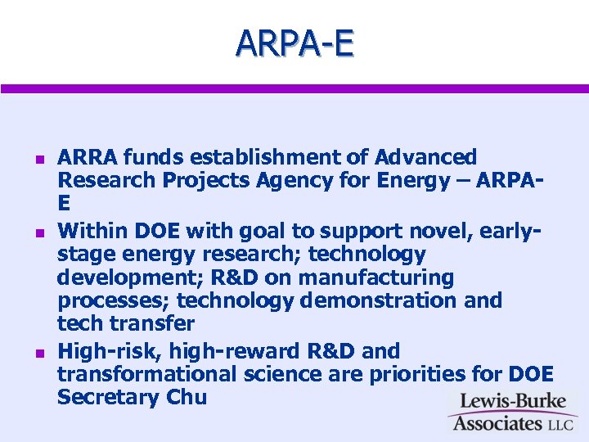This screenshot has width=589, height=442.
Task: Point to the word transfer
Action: tap(150, 323)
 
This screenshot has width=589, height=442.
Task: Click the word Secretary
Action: tap(106, 398)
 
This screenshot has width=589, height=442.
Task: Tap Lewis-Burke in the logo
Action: tap(511, 402)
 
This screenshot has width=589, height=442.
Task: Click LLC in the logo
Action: tap(562, 424)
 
